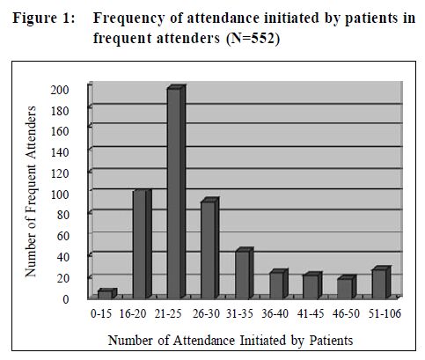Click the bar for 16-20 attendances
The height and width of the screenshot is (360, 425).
(x=142, y=244)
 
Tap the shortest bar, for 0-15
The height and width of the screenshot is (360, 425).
(x=107, y=293)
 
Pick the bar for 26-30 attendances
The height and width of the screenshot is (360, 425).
(x=210, y=248)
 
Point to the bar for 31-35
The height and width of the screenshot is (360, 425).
(x=245, y=273)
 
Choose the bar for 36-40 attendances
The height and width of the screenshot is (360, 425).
(x=279, y=283)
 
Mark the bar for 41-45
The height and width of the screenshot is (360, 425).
(x=312, y=285)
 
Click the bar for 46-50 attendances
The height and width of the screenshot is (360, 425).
(x=347, y=287)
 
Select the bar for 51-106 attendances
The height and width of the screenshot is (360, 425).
(x=381, y=282)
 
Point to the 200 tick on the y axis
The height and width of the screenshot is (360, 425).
(x=60, y=90)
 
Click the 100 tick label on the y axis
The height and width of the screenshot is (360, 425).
(x=60, y=195)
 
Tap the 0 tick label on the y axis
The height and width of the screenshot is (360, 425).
(x=66, y=299)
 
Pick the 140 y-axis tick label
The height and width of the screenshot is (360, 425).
(x=60, y=152)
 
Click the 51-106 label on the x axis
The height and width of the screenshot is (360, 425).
(x=385, y=313)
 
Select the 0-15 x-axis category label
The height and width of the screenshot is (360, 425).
(x=101, y=313)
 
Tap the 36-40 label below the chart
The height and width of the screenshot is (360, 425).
(x=275, y=313)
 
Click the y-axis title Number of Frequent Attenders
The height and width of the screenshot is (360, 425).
(x=31, y=191)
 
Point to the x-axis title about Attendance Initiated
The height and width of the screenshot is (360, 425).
(x=231, y=341)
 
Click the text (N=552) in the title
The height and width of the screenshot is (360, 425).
(x=253, y=38)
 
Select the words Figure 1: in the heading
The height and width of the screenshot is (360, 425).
(x=44, y=18)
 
